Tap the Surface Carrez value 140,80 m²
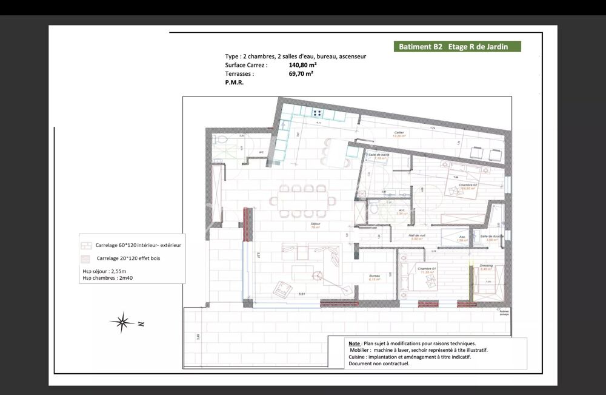[303, 64]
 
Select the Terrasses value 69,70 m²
[301, 73]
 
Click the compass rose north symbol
[122, 322]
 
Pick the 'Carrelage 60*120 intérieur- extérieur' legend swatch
[87, 245]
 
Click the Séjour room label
[316, 224]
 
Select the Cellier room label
[399, 132]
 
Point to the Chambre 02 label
[467, 184]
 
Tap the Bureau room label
[375, 275]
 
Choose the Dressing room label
[486, 265]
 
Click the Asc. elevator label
[462, 237]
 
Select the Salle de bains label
[378, 155]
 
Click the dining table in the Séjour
[303, 200]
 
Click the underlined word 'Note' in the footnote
[355, 343]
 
